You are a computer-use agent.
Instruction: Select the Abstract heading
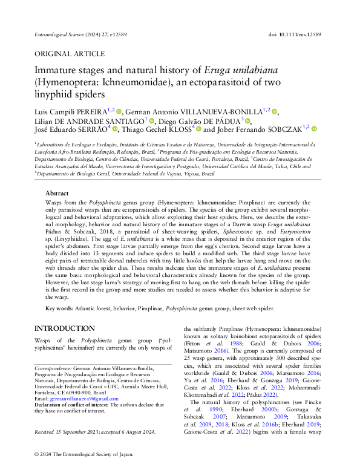(x=57, y=193)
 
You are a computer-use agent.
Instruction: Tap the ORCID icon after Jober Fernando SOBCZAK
(x=297, y=128)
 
